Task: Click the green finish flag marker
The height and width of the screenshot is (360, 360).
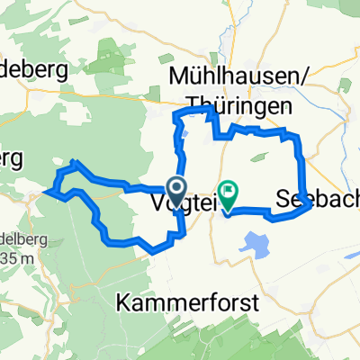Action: point(228,193)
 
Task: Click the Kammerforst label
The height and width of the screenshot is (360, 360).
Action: point(186,303)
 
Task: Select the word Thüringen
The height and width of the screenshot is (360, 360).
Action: point(241,106)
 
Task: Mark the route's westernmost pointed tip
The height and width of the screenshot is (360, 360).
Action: point(52,192)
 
